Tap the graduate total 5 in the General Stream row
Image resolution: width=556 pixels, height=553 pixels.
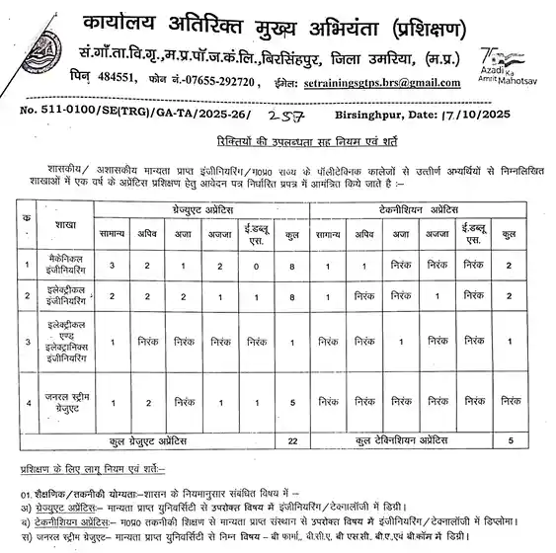[x=291, y=401]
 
